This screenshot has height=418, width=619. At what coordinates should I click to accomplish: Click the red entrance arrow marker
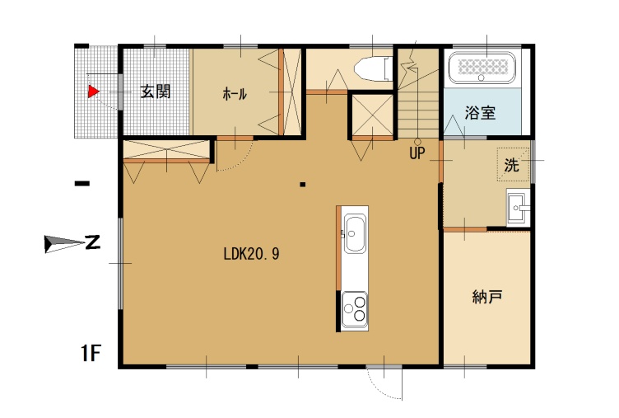pos(93,92)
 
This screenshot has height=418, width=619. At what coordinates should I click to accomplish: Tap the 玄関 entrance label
pos(156,92)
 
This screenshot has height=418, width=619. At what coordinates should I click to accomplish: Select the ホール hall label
pos(235,94)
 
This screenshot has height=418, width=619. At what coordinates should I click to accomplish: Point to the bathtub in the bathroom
pos(482,68)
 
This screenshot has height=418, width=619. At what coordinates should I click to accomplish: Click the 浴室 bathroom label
pos(480,113)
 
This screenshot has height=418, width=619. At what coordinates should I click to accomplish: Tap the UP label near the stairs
pos(417,153)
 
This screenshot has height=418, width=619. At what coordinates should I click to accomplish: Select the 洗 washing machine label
pos(512,165)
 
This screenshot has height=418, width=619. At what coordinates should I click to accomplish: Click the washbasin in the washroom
pos(519,208)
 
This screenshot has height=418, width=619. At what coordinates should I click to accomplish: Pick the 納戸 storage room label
pos(487,296)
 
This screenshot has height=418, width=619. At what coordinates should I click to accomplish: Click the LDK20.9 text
pos(252,253)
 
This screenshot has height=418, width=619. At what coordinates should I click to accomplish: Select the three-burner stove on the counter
pos(355,311)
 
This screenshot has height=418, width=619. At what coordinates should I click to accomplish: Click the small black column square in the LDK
pos(303,184)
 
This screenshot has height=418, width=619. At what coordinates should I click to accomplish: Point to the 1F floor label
pos(91,353)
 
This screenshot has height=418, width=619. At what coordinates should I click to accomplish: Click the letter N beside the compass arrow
pos(93,242)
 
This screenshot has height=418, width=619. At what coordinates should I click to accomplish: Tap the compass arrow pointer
pos(64,243)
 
